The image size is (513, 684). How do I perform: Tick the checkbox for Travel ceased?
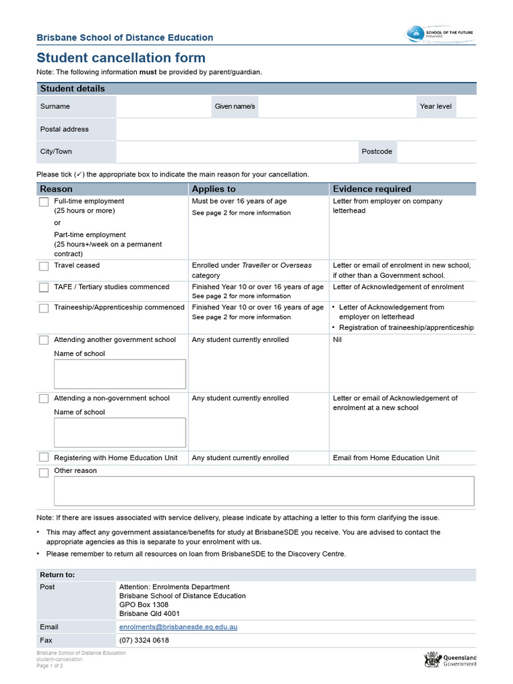pyautogui.click(x=43, y=266)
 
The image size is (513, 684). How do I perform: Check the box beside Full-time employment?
pyautogui.click(x=43, y=202)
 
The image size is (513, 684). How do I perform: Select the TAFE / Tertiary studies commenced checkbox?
pyautogui.click(x=43, y=287)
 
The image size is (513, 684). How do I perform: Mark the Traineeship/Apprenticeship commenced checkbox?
pyautogui.click(x=43, y=308)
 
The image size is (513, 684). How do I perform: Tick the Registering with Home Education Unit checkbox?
pyautogui.click(x=43, y=458)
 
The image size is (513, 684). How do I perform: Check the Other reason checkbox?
pyautogui.click(x=43, y=473)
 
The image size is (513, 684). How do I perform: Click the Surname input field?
pyautogui.click(x=163, y=107)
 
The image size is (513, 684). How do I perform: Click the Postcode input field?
pyautogui.click(x=436, y=152)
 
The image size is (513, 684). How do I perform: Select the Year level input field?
pyautogui.click(x=466, y=107)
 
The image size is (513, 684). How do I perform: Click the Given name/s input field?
pyautogui.click(x=336, y=107)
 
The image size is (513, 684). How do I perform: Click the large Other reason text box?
pyautogui.click(x=264, y=491)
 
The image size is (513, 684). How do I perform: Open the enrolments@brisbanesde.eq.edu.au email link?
pyautogui.click(x=178, y=627)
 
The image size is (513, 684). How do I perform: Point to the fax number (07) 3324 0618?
pyautogui.click(x=144, y=640)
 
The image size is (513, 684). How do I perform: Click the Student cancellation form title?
pyautogui.click(x=121, y=58)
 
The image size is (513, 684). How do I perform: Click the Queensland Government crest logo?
pyautogui.click(x=432, y=660)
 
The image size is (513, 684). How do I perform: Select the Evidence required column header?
pyautogui.click(x=372, y=189)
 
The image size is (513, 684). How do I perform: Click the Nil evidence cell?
pyautogui.click(x=337, y=340)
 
